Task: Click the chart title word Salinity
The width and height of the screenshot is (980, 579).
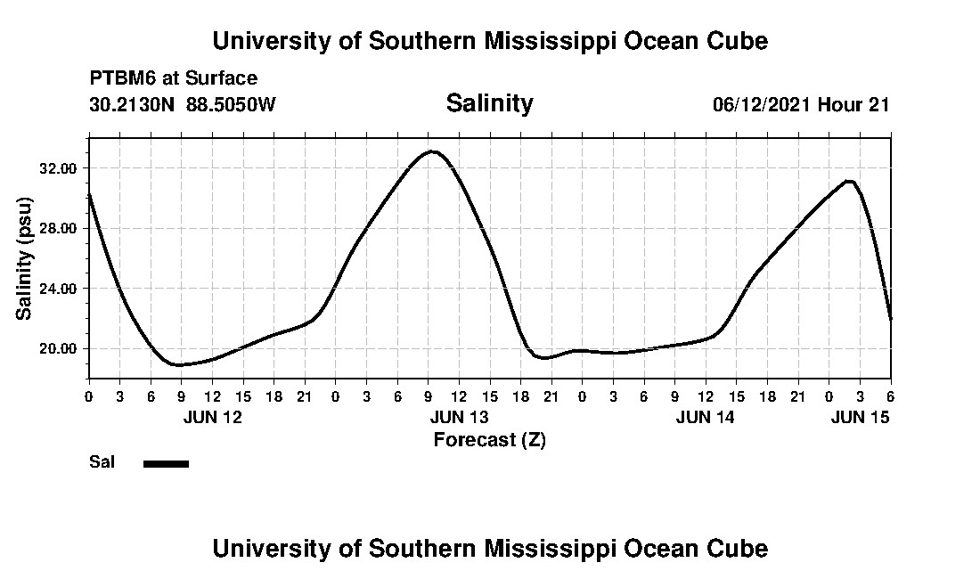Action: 489,103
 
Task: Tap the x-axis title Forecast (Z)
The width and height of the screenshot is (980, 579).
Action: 489,439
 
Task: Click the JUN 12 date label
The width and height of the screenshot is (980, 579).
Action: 212,417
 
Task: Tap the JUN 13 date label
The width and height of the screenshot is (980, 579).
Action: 459,417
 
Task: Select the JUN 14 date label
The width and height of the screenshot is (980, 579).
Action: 706,417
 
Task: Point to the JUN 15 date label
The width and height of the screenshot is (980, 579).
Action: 861,417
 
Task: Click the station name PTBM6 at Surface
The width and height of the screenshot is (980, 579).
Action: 173,78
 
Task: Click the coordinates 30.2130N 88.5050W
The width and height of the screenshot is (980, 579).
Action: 183,104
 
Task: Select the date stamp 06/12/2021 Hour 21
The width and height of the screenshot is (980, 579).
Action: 801,104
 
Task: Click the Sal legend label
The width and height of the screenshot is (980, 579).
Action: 102,462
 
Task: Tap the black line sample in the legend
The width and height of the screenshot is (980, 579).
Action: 166,463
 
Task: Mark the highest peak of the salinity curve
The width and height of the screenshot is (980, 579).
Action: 433,151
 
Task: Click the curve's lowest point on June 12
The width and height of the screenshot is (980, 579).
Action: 180,364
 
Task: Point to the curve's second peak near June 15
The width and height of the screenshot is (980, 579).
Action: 850,182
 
